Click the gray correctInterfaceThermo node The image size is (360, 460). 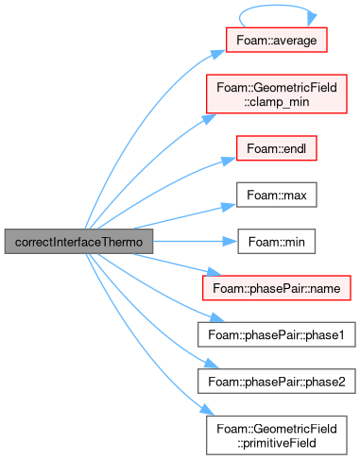(x=78, y=242)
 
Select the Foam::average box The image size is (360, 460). (x=277, y=40)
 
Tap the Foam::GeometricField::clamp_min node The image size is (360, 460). (x=277, y=94)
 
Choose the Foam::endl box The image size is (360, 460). (x=277, y=148)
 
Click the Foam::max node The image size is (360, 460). (x=277, y=195)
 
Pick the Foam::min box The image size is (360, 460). (x=277, y=242)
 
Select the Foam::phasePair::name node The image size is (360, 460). (x=277, y=288)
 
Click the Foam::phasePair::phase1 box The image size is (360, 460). (x=277, y=334)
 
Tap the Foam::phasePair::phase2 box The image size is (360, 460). (x=277, y=382)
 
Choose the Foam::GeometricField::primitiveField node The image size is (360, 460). (x=277, y=435)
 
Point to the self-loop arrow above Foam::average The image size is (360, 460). (x=277, y=6)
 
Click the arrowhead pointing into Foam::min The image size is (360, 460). (x=231, y=242)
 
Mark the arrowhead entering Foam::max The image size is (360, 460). (x=229, y=207)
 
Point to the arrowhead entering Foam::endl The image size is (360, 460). (x=229, y=161)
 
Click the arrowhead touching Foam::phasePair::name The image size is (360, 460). (x=214, y=272)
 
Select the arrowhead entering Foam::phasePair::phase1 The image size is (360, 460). (x=217, y=317)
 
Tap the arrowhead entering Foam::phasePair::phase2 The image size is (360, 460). (x=212, y=363)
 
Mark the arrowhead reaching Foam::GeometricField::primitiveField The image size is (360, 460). (x=207, y=410)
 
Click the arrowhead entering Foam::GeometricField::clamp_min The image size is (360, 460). (x=209, y=119)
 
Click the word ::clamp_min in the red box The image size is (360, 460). (x=277, y=102)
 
